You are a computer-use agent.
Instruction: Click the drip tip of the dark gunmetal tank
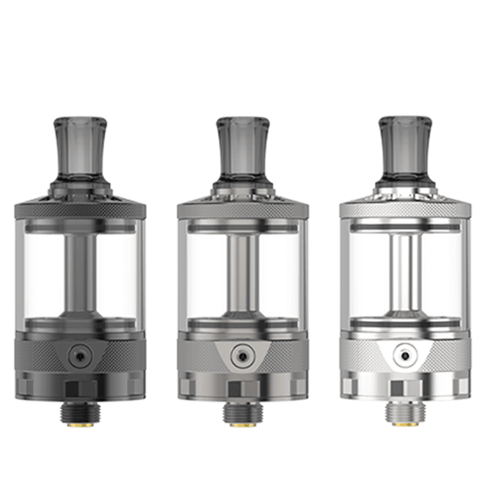pyautogui.click(x=80, y=146)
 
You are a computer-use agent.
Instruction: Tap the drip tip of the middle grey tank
pyautogui.click(x=243, y=146)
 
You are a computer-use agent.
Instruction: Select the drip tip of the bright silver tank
pyautogui.click(x=405, y=146)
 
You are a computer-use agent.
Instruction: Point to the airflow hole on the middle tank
pyautogui.click(x=242, y=355)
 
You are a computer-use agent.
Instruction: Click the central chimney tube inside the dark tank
pyautogui.click(x=80, y=272)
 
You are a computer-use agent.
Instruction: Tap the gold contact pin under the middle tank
pyautogui.click(x=243, y=424)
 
